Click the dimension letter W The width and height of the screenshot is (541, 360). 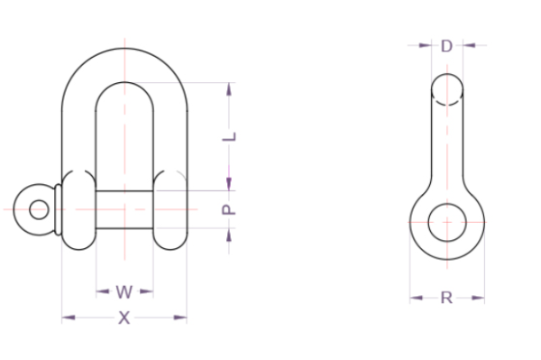(124, 291)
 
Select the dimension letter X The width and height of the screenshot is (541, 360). (124, 318)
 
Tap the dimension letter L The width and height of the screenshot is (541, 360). (229, 136)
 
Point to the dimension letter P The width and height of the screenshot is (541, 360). (228, 209)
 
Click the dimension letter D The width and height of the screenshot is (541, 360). (447, 46)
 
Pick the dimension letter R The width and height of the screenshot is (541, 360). (447, 298)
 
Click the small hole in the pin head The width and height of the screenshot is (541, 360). (39, 209)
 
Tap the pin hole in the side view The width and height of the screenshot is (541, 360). (447, 223)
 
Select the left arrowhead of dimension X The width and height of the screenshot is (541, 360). (69, 318)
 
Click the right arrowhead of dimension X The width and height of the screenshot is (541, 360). (180, 318)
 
